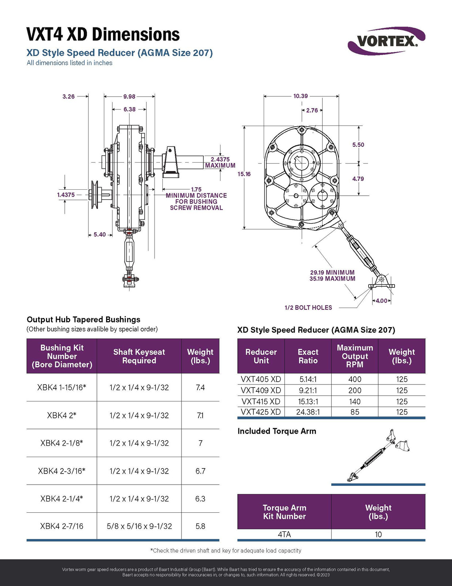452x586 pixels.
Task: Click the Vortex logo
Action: tap(386, 41)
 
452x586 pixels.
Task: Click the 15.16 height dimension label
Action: tap(244, 174)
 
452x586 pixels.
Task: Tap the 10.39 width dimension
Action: tap(301, 96)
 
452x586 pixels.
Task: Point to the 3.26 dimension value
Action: tap(68, 97)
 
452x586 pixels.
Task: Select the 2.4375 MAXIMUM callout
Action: tap(220, 162)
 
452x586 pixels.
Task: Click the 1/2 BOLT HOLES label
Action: tap(308, 308)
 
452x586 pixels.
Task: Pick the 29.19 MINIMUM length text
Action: tap(332, 272)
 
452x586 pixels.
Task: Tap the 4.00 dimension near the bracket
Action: tap(381, 301)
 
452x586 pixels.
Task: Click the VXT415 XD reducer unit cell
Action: tap(261, 401)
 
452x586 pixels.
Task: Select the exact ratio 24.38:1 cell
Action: tap(308, 412)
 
